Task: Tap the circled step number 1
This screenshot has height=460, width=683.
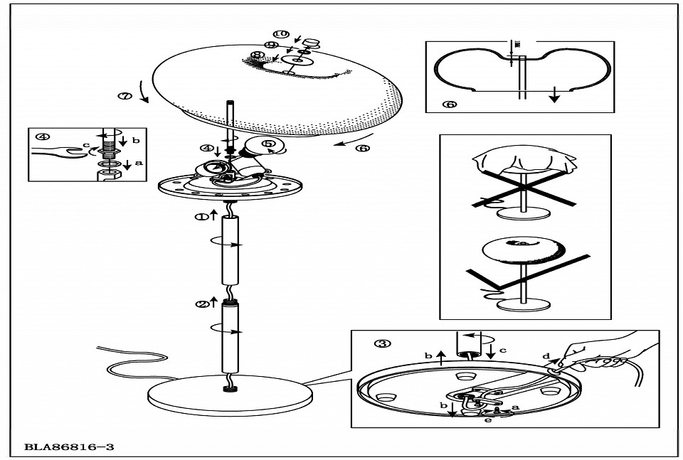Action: point(202,217)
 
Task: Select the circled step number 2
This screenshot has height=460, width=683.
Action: point(202,304)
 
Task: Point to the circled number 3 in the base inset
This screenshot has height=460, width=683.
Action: point(382,344)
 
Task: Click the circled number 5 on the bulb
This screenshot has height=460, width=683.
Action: point(268,144)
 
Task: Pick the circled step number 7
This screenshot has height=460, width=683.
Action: point(125,96)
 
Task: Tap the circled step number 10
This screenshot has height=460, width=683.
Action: point(281,34)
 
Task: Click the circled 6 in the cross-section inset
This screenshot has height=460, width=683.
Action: point(449,104)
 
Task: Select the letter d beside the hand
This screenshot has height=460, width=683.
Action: point(546,355)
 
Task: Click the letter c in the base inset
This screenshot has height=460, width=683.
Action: point(502,350)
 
